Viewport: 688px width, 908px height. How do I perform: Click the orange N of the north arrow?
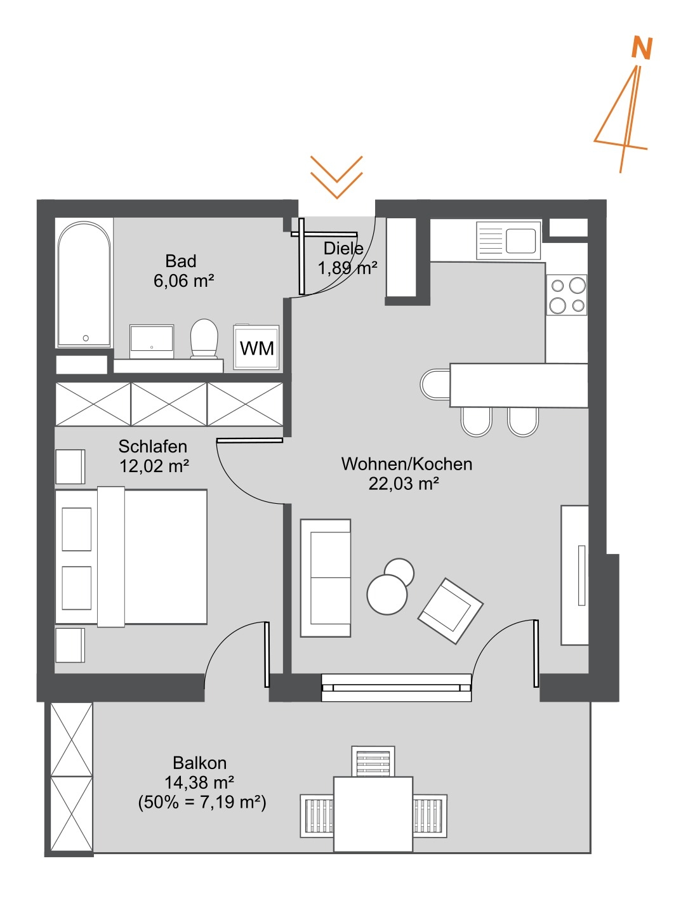[x=642, y=48]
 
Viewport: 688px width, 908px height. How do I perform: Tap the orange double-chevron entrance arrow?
[x=336, y=177]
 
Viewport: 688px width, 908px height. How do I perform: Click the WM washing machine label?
[x=256, y=348]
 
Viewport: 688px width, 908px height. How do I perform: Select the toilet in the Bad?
[x=204, y=338]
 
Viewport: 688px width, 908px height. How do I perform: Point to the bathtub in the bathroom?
[x=84, y=284]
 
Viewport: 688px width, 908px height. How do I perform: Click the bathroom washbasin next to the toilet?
[x=152, y=341]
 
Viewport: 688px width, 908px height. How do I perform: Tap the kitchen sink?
[x=508, y=240]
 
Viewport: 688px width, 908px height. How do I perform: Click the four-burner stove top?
[x=567, y=295]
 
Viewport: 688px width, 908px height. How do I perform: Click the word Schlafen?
[x=153, y=446]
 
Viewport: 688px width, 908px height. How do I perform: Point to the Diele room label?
[x=343, y=248]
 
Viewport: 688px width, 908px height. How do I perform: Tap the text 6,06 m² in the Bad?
[x=183, y=281]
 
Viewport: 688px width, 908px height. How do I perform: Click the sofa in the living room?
[x=326, y=578]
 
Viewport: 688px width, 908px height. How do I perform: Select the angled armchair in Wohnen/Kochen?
[x=451, y=610]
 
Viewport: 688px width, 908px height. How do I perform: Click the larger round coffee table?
[x=387, y=595]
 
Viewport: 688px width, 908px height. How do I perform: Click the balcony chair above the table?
[x=373, y=761]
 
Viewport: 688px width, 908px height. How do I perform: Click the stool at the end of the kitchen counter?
[x=435, y=385]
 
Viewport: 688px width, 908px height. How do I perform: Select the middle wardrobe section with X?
[x=169, y=404]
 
